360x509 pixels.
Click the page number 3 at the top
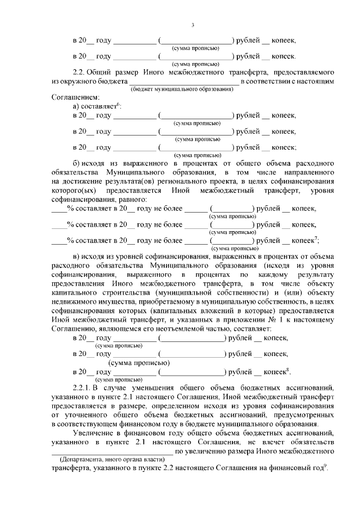click(x=192, y=25)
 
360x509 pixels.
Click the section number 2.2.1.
click(x=84, y=388)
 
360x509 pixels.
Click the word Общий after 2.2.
click(x=106, y=73)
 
